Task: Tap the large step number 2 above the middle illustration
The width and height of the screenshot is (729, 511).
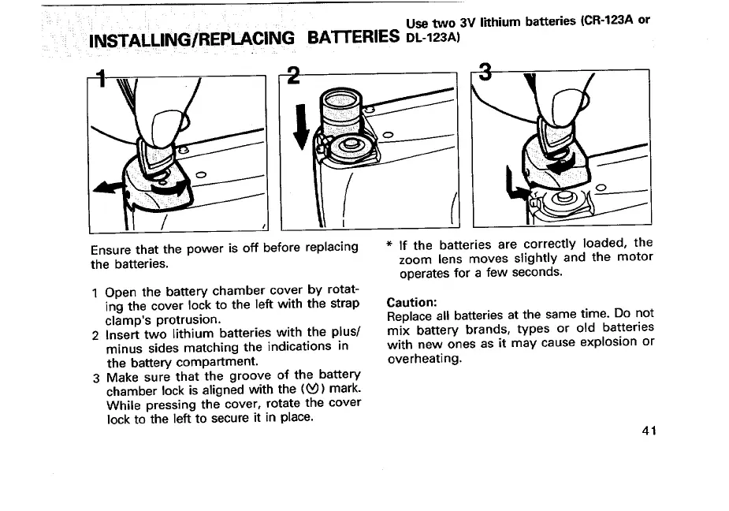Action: pos(293,76)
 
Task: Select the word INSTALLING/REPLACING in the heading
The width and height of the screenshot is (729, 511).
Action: pos(192,39)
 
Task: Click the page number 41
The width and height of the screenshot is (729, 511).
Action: pos(649,431)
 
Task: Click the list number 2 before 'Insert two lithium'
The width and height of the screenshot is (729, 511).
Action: pos(95,333)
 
